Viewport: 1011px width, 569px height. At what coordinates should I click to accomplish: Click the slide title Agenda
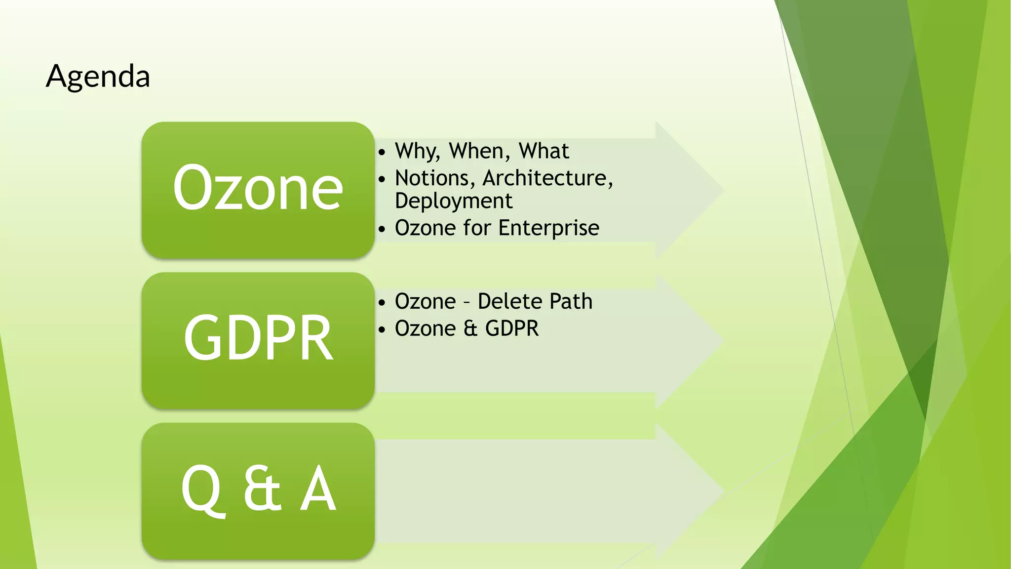pos(98,77)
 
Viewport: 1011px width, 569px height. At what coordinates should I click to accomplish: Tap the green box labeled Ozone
pos(258,190)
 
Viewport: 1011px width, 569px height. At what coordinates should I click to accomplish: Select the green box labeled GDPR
pos(258,340)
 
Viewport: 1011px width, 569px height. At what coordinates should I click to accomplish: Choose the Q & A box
pos(258,491)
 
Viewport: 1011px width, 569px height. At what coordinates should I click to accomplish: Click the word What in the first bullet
pos(544,151)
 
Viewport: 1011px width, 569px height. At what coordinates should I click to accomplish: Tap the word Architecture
pos(547,178)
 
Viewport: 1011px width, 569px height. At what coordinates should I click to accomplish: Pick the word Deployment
pos(454,201)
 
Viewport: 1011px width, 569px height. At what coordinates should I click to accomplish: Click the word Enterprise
pos(548,228)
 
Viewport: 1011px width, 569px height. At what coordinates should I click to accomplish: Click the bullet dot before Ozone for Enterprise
pos(382,230)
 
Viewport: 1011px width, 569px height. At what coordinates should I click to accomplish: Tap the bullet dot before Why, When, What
pos(382,153)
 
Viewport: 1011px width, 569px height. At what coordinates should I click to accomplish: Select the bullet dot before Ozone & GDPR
pos(382,330)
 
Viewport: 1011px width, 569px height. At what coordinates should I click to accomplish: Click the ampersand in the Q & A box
pos(262,489)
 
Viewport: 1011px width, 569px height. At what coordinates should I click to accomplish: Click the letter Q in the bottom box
pos(201,490)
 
